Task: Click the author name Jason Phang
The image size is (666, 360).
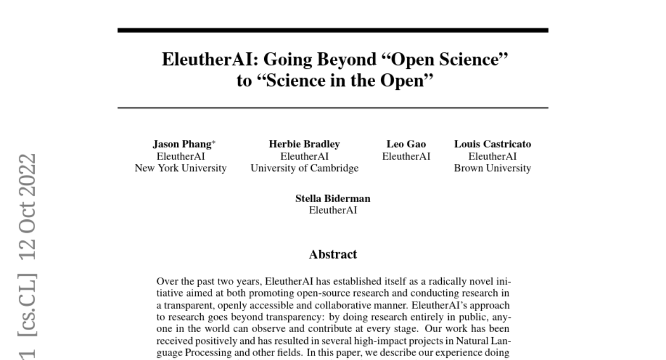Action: tap(181, 144)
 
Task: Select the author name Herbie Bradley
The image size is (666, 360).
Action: tap(304, 144)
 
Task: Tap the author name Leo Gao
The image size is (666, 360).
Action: tap(406, 144)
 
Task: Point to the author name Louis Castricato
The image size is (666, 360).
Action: tap(492, 144)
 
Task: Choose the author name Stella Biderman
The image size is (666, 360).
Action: tap(332, 199)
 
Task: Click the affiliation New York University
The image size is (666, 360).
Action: tap(181, 168)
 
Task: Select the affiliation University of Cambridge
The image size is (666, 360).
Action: tap(304, 168)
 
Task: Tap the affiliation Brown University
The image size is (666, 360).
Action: tap(492, 168)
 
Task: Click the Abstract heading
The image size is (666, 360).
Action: tap(332, 255)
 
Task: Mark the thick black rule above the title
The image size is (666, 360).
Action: tap(332, 30)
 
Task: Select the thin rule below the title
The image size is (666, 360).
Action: tap(332, 107)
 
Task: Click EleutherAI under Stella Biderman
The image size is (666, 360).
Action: tap(332, 211)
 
